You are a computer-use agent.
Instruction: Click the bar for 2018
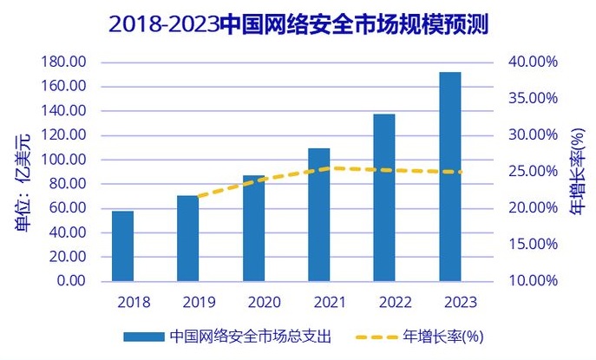pyautogui.click(x=122, y=246)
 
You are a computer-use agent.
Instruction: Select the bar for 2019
pyautogui.click(x=188, y=239)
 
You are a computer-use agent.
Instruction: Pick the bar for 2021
pyautogui.click(x=318, y=215)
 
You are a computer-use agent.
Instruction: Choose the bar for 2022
pyautogui.click(x=384, y=198)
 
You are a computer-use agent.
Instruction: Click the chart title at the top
pyautogui.click(x=298, y=24)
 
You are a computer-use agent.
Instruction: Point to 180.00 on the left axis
pyautogui.click(x=64, y=62)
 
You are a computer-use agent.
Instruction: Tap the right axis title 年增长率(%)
pyautogui.click(x=577, y=170)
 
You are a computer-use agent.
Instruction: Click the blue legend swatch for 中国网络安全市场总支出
pyautogui.click(x=143, y=336)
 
